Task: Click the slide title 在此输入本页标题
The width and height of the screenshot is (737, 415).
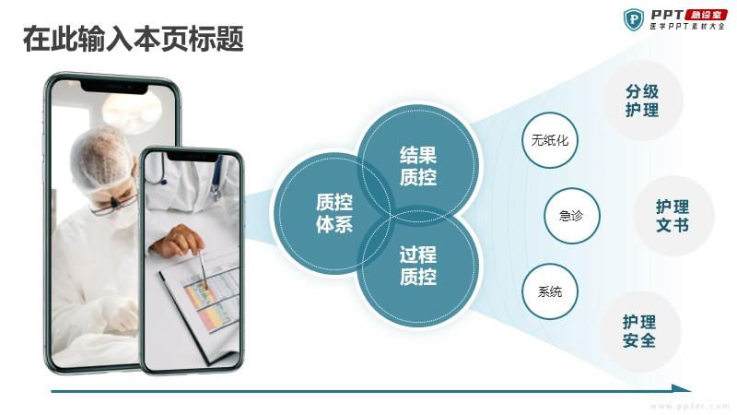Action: point(134,39)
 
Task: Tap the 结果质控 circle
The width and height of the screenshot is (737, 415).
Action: point(418,165)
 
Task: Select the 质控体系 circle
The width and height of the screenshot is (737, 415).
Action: point(333,212)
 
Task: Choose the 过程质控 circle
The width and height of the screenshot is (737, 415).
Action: point(418,266)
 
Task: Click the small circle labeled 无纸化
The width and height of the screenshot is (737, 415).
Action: point(549,140)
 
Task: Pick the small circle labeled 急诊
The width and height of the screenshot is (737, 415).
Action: point(571,216)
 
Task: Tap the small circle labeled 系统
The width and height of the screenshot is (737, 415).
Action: point(549,291)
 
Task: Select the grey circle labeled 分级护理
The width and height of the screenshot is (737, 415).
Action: point(642,101)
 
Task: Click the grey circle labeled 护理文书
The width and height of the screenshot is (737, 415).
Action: point(673,216)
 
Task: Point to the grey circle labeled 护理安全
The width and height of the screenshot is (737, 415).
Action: point(639,331)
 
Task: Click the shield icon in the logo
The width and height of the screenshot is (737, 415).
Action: point(634,19)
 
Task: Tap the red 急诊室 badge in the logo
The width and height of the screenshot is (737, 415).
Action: point(706,15)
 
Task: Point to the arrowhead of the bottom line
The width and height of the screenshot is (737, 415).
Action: point(682,388)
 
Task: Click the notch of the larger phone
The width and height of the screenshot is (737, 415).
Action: point(114,87)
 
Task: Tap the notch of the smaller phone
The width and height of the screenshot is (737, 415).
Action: point(193,156)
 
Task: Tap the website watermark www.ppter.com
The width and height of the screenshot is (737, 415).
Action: point(690,406)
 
